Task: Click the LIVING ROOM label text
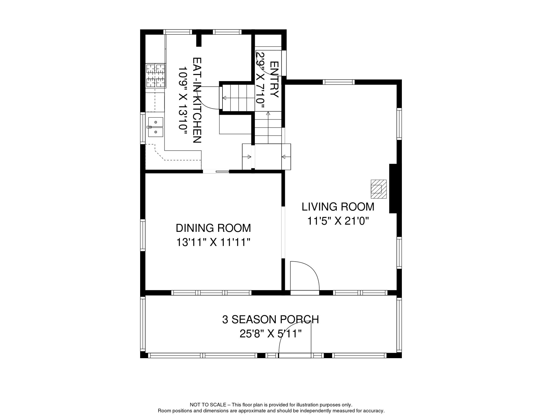tap(338, 207)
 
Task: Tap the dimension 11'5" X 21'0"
tap(338, 221)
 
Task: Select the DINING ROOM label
tap(213, 228)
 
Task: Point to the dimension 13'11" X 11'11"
tap(213, 242)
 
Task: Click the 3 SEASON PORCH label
tap(270, 320)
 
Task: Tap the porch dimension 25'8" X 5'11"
tap(270, 334)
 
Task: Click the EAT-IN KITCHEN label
tap(197, 100)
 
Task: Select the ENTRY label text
tap(274, 79)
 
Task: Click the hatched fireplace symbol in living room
tap(378, 189)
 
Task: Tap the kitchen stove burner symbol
tap(156, 76)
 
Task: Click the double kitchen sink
tap(156, 127)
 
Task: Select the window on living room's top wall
tap(339, 82)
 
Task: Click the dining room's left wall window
tap(143, 235)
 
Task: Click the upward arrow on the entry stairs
tap(268, 113)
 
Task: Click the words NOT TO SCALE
tap(208, 405)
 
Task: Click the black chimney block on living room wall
tap(393, 188)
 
